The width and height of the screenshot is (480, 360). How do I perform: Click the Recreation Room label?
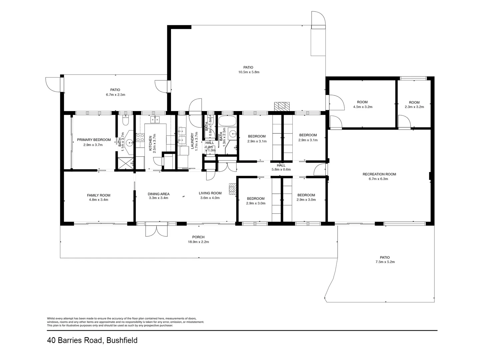[x=379, y=174]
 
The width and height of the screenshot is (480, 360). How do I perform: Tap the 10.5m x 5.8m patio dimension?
[x=248, y=72]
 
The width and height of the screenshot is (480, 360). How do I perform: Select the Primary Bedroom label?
[x=94, y=140]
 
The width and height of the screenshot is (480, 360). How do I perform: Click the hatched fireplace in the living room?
[x=232, y=189]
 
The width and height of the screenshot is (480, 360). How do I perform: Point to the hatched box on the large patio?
[x=282, y=106]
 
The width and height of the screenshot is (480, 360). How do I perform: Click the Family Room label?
[x=98, y=196]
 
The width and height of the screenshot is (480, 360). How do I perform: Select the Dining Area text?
[x=158, y=194]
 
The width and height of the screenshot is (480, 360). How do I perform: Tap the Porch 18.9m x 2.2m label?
[x=198, y=240]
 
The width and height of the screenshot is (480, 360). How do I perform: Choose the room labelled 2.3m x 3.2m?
[x=414, y=105]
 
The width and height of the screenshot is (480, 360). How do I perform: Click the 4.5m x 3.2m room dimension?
[x=362, y=107]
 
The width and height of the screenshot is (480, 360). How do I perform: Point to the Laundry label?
[x=192, y=141]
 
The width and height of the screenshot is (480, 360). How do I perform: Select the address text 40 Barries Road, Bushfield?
[x=92, y=340]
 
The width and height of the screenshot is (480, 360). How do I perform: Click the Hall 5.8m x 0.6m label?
[x=281, y=167]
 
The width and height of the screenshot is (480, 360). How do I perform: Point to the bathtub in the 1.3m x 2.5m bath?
[x=227, y=121]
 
